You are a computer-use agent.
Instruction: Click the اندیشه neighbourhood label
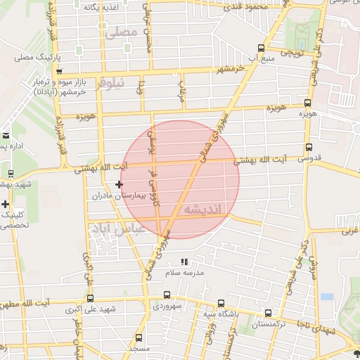pos(202,210)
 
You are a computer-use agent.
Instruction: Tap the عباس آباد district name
pos(117,229)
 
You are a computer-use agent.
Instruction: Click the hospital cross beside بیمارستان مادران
pos(119,184)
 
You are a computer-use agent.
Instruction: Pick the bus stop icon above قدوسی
pos(309,147)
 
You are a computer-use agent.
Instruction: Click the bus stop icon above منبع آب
pos(262,49)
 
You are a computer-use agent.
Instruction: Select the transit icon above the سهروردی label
pos(166,295)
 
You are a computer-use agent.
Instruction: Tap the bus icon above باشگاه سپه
pos(221,303)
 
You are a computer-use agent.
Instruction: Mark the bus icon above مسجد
pos(139,337)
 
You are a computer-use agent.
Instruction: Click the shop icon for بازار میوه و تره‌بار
pos(59,71)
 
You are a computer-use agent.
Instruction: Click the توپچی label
pos(292,52)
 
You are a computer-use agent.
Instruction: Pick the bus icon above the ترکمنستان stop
pos(268,313)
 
